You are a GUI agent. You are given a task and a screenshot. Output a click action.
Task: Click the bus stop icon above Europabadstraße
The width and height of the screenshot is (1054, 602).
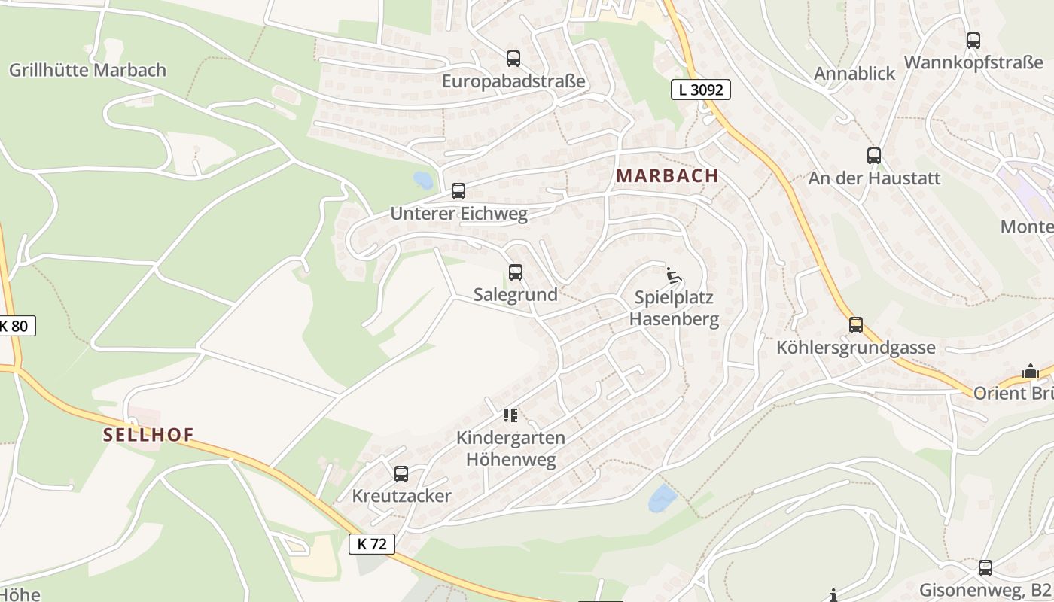tap(513, 58)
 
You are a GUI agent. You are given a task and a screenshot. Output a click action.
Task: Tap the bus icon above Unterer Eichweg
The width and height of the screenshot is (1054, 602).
tap(458, 191)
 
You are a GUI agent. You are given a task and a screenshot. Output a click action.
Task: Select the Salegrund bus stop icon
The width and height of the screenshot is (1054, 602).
tap(515, 272)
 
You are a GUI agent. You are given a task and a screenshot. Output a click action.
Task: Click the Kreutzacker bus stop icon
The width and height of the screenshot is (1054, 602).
tap(401, 474)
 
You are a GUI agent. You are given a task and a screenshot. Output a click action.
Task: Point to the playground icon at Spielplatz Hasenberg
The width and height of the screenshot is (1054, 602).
tap(674, 275)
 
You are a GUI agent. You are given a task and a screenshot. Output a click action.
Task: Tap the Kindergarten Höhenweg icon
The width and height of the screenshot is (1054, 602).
tap(510, 415)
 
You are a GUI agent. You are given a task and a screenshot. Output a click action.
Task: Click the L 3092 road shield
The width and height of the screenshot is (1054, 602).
tap(700, 90)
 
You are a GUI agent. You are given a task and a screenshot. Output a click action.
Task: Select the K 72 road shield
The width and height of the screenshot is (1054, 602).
tap(372, 543)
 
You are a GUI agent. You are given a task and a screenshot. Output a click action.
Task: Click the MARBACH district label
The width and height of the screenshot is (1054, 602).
tap(667, 175)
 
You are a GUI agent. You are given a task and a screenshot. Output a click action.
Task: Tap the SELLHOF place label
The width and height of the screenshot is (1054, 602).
tap(148, 434)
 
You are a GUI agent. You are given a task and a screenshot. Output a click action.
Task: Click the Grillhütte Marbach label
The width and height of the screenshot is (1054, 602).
tap(87, 71)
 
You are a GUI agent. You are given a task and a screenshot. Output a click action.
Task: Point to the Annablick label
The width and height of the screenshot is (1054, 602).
tap(854, 73)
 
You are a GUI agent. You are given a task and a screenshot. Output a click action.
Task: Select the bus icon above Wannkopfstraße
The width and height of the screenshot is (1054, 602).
tap(973, 41)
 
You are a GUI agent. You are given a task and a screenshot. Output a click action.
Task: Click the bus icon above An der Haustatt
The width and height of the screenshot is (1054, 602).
tap(873, 156)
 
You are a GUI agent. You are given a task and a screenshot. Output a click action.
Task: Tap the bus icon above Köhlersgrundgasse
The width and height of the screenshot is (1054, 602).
tap(856, 325)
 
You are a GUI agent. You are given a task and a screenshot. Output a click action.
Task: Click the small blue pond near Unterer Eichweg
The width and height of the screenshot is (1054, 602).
tap(423, 181)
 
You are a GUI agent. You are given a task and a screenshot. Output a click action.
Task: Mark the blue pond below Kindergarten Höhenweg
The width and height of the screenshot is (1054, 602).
tap(663, 497)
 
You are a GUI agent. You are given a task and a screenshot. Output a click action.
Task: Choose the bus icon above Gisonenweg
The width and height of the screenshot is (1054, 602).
tap(985, 568)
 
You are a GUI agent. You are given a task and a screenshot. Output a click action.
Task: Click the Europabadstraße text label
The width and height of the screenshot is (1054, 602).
tap(513, 81)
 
